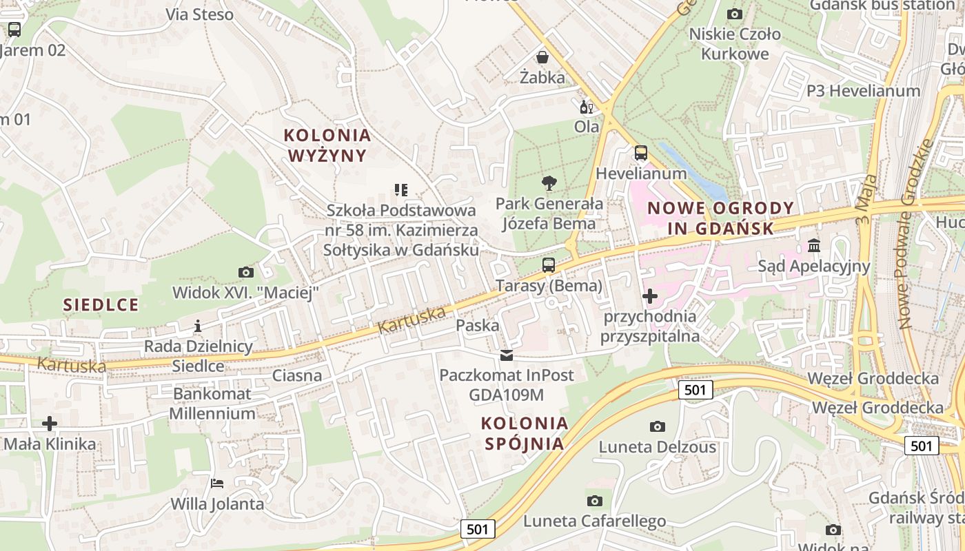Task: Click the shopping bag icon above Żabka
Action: point(542,56)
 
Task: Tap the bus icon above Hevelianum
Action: point(641,153)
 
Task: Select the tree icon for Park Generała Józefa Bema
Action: point(549,183)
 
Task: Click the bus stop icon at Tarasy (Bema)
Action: point(549,264)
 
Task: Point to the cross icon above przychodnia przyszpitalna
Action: point(649,296)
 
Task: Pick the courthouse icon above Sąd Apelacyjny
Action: point(814,245)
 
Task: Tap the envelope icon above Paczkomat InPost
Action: point(507,355)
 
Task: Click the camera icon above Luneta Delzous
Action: point(658,426)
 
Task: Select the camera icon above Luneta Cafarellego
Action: point(594,501)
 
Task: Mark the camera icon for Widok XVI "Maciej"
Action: point(245,272)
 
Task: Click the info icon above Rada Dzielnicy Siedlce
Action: point(198,326)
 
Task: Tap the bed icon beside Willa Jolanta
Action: point(217,483)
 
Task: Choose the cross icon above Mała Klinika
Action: point(50,423)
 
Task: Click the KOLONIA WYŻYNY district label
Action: point(327,145)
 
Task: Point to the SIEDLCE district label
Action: point(101,304)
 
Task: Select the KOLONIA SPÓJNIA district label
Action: point(525,433)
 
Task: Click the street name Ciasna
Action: point(297,375)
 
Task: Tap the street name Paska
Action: point(478,326)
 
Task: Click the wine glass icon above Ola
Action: point(587,107)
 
